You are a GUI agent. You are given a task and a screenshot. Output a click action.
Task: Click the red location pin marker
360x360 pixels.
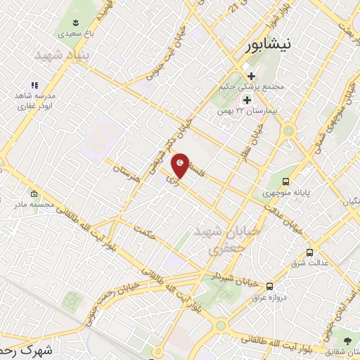pyautogui.click(x=181, y=165)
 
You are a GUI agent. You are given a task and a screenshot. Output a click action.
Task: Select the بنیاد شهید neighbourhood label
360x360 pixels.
pyautogui.click(x=59, y=55)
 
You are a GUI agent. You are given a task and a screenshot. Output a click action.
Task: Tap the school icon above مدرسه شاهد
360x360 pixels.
pyautogui.click(x=34, y=85)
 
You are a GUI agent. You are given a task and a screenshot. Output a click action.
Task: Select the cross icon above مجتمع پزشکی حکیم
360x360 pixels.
pyautogui.click(x=251, y=76)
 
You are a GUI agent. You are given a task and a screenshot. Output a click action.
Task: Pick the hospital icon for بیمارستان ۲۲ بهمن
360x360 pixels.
pyautogui.click(x=247, y=99)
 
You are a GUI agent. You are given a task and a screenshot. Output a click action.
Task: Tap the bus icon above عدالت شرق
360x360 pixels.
pyautogui.click(x=309, y=252)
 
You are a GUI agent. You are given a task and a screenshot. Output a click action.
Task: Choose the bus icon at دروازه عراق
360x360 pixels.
pyautogui.click(x=269, y=286)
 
